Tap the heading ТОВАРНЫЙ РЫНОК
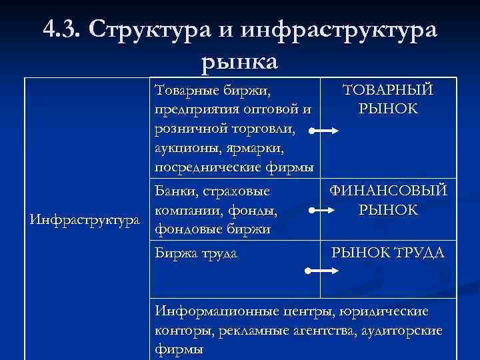[387, 99]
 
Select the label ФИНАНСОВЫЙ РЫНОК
[387, 201]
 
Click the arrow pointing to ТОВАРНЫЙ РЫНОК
[325, 133]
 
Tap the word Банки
[175, 192]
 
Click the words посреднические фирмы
[233, 165]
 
